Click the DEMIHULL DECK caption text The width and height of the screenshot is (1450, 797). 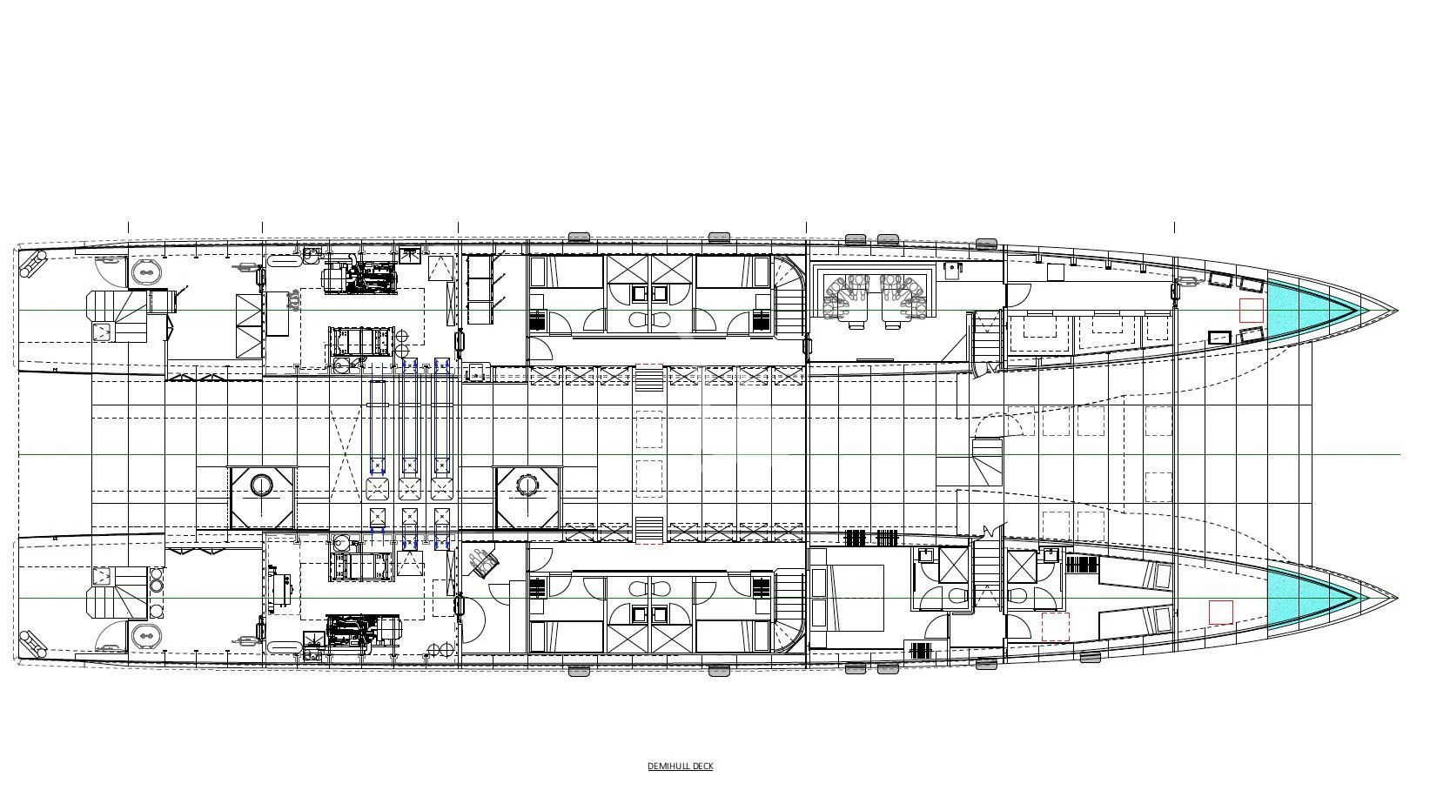coord(680,766)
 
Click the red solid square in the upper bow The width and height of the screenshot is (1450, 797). coord(1251,310)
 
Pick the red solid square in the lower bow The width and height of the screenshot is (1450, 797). coord(1220,612)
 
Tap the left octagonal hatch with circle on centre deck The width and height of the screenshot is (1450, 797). coord(262,497)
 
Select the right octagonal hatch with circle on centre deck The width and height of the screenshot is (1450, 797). coord(527,497)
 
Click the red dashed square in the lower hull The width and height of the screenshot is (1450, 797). coord(1055,626)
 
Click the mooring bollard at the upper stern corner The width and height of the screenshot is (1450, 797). coord(33,262)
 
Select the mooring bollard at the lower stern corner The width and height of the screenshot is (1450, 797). coord(33,644)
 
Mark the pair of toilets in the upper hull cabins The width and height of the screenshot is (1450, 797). coord(650,319)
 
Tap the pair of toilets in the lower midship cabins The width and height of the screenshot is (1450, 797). coord(650,589)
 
